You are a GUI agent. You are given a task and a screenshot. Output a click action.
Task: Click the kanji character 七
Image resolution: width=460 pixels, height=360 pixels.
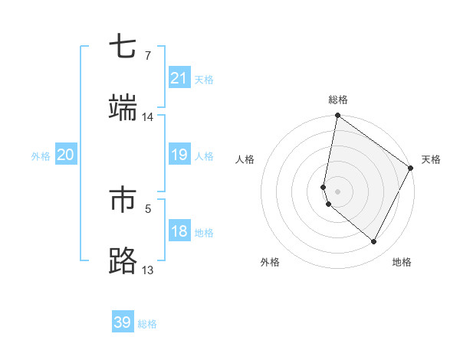pos(123,47)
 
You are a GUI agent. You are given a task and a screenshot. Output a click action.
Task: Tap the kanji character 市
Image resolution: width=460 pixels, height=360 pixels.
pos(123,200)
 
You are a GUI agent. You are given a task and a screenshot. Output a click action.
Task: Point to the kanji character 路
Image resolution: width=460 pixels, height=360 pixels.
pos(123,261)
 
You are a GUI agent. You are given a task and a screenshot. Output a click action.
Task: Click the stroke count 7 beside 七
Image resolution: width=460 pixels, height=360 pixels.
pos(147,56)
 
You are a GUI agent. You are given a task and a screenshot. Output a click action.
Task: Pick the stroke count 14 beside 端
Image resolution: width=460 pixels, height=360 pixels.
pos(147,117)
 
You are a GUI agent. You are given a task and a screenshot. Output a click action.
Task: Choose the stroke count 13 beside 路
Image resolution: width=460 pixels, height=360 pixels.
pos(147,270)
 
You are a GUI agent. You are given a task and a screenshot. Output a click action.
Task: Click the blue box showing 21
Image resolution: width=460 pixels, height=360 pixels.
pos(179,78)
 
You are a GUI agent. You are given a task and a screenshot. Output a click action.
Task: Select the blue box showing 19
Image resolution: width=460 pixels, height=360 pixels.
pos(179,155)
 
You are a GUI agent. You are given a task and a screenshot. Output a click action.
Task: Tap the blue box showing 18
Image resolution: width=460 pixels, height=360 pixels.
pos(179,231)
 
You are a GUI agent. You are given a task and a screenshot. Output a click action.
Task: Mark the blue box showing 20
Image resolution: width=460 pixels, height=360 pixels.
pos(66,155)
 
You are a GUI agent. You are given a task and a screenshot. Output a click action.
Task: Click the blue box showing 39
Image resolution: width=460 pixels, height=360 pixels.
pos(123,322)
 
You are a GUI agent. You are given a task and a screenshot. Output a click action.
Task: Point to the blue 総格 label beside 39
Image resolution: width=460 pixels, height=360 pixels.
pos(147,324)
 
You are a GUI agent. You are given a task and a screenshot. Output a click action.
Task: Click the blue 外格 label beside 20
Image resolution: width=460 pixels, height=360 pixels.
pos(41,156)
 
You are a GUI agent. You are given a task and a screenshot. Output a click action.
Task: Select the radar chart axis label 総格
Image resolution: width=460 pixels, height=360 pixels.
pos(338,100)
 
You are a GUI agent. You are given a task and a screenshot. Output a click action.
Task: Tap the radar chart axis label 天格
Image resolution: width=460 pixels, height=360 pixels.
pos(431,159)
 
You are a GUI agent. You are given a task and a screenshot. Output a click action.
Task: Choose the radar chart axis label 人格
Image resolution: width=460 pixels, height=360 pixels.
pos(245,159)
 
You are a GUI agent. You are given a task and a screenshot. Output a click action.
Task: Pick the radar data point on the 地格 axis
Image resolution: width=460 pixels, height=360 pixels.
pos(374,241)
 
